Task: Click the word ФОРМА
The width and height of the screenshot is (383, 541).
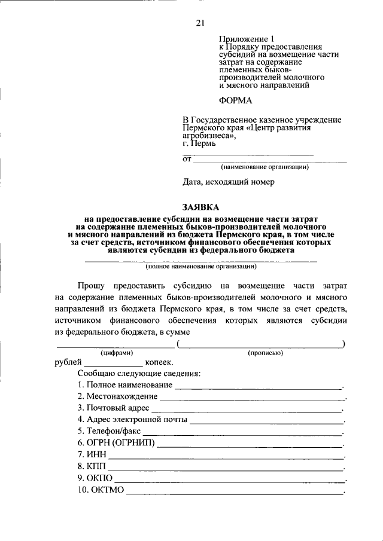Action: pos(235,100)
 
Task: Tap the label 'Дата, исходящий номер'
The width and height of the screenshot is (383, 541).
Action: pos(228,182)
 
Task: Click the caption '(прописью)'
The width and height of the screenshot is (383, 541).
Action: pos(265,353)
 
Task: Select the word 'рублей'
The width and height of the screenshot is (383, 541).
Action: pos(68,362)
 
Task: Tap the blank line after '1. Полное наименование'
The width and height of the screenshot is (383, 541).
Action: pos(257,387)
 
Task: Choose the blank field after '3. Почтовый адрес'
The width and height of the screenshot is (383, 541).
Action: pos(246,409)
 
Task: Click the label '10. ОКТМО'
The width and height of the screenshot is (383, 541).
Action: pos(100,490)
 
